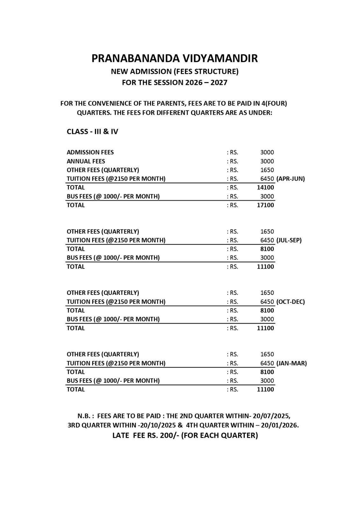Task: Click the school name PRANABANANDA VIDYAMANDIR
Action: (x=174, y=58)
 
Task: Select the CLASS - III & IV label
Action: (x=92, y=132)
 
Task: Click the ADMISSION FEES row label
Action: (x=90, y=152)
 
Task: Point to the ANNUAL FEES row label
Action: (x=86, y=161)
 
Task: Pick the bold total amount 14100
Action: (x=265, y=187)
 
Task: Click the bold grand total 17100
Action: (x=265, y=205)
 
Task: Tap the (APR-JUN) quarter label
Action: (x=290, y=179)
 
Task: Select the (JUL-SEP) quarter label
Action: (x=289, y=240)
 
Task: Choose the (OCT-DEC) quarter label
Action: (x=290, y=302)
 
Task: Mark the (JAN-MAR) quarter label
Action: (x=291, y=363)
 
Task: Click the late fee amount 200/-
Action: (x=169, y=435)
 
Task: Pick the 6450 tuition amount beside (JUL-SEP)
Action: (x=267, y=240)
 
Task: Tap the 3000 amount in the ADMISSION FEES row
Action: (x=267, y=152)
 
